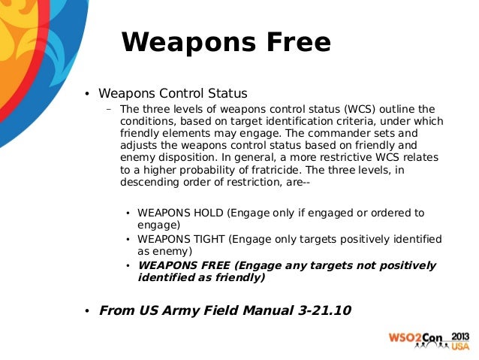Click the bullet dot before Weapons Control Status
(x=86, y=95)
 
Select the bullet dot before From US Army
(x=86, y=311)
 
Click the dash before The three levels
(x=109, y=108)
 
